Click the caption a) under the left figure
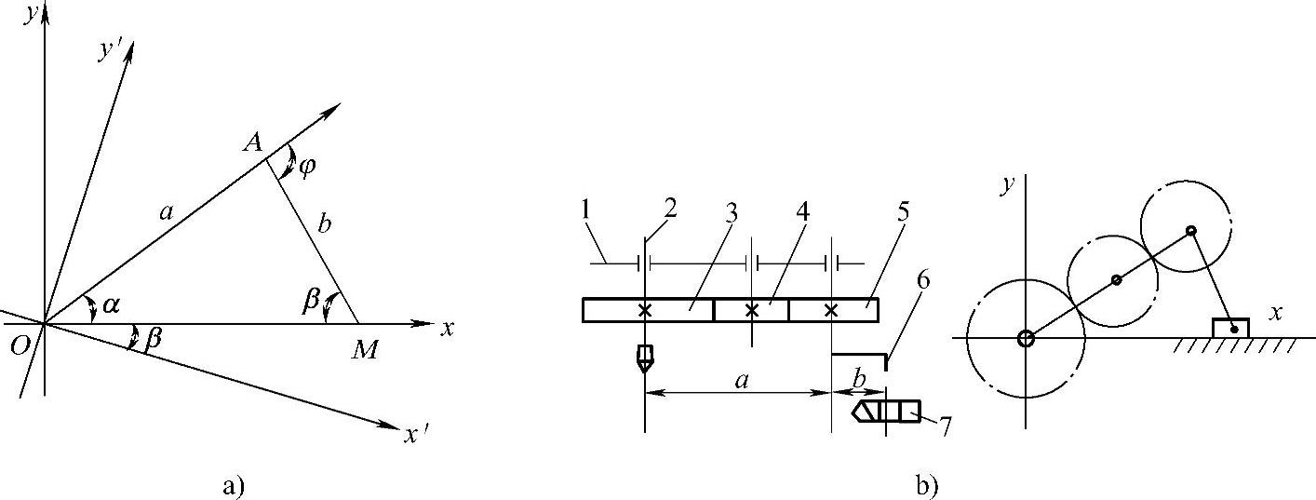pos(235,484)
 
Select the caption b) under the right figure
pos(927,484)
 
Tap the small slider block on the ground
pos(1230,327)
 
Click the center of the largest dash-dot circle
pos(1025,338)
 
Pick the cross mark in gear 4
pos(752,310)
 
